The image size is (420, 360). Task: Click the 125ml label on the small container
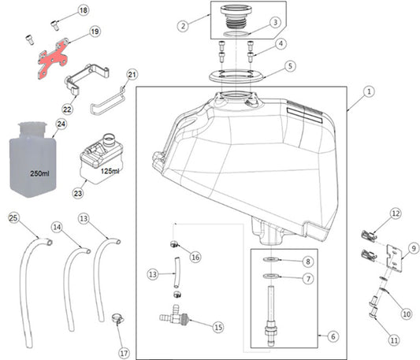pos(110,171)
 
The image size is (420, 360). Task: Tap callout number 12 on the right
pos(396,213)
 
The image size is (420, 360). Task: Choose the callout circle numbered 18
pos(84,10)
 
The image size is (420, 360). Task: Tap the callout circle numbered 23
pos(77,191)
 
